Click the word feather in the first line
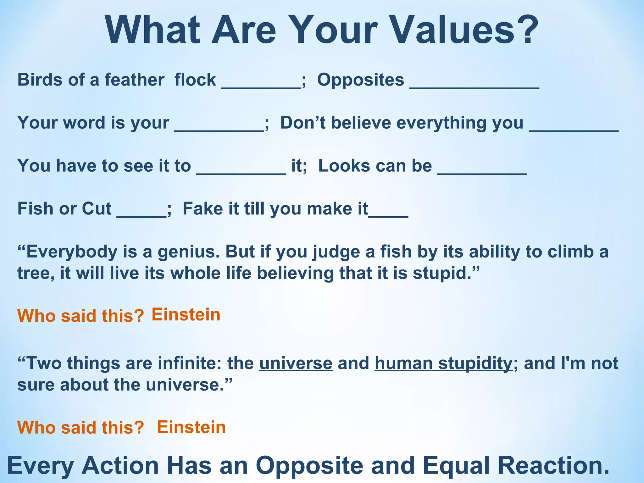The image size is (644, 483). pyautogui.click(x=134, y=80)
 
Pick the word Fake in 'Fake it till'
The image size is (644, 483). pyautogui.click(x=200, y=209)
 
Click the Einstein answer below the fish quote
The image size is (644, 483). pyautogui.click(x=186, y=315)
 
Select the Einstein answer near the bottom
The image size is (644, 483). pyautogui.click(x=191, y=427)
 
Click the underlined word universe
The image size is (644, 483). pyautogui.click(x=296, y=364)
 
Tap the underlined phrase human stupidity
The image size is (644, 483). pyautogui.click(x=443, y=364)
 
